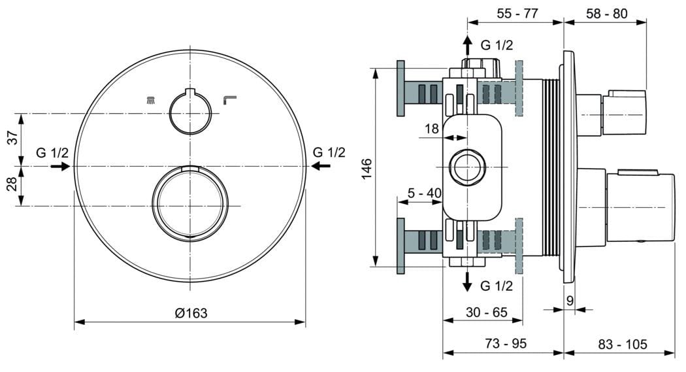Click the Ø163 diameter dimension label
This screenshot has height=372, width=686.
(x=191, y=313)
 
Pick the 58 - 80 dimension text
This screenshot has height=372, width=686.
(x=606, y=12)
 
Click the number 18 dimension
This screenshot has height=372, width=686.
(x=432, y=129)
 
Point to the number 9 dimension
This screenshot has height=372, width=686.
(x=570, y=301)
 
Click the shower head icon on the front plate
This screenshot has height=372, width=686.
(x=151, y=100)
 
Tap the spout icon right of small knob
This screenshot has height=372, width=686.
(x=229, y=99)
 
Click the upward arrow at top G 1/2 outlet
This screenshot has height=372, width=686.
(x=467, y=46)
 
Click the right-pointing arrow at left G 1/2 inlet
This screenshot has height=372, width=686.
(x=61, y=166)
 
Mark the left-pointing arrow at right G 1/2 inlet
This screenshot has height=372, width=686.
(x=320, y=166)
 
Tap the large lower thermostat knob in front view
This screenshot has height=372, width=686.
(x=190, y=203)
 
